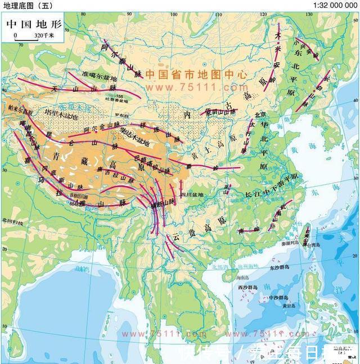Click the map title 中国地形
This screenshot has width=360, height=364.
[33, 25]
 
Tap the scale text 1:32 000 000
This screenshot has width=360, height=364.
[335, 5]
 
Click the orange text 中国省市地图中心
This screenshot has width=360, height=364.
[196, 74]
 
